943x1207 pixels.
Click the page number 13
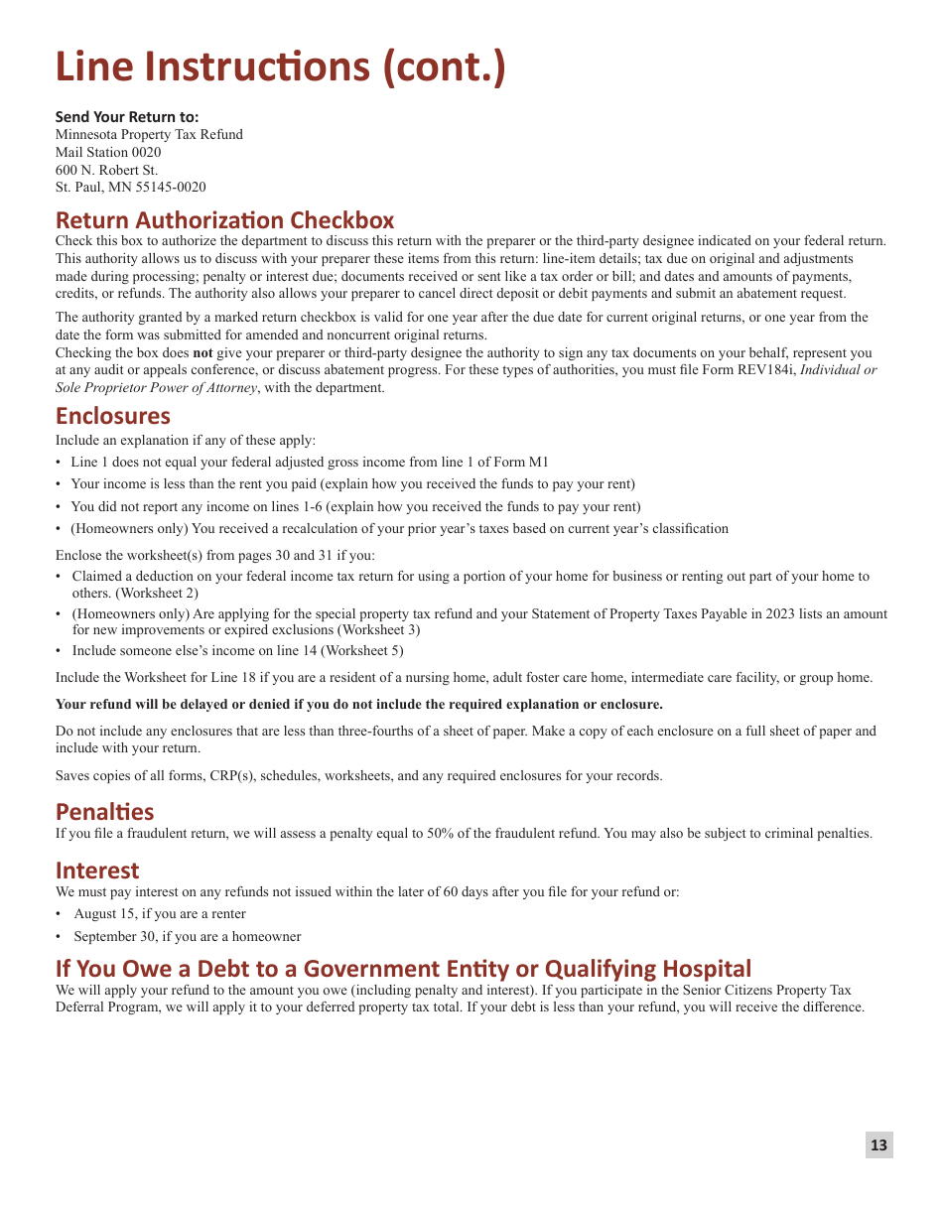pyautogui.click(x=878, y=1145)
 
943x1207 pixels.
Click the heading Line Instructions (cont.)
pyautogui.click(x=280, y=67)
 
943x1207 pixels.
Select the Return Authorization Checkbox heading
pyautogui.click(x=224, y=219)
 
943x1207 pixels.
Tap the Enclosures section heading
pyautogui.click(x=113, y=415)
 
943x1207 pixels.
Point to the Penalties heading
pyautogui.click(x=104, y=811)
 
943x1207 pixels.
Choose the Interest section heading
pyautogui.click(x=97, y=870)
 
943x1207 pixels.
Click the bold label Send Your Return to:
pyautogui.click(x=127, y=116)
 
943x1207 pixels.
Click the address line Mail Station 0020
pyautogui.click(x=108, y=152)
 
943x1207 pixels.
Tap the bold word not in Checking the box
pyautogui.click(x=202, y=352)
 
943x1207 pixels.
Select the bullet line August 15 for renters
pyautogui.click(x=160, y=913)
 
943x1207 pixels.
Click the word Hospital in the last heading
pyautogui.click(x=707, y=968)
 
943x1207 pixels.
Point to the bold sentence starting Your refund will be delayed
pyautogui.click(x=359, y=704)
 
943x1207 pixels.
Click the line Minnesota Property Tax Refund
pyautogui.click(x=149, y=134)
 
